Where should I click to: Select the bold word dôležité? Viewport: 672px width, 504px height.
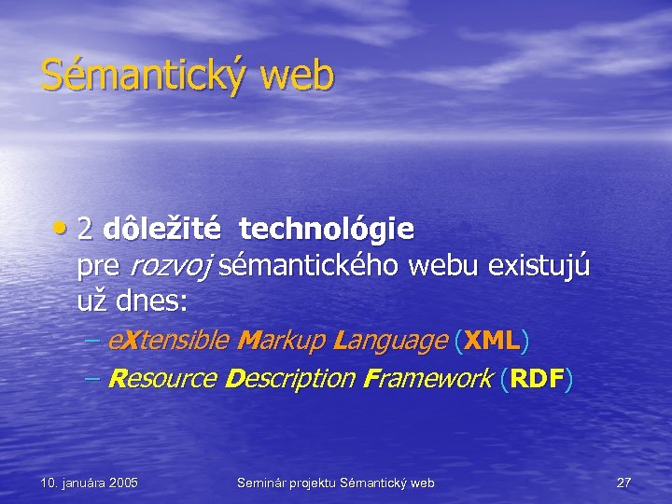tap(162, 229)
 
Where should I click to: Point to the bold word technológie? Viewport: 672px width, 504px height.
tap(327, 229)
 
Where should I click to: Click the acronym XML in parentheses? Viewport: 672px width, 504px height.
tap(492, 342)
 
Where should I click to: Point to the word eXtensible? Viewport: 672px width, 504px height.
tap(169, 342)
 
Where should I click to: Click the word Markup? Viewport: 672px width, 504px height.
tap(278, 342)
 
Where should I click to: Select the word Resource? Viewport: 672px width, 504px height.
tap(162, 379)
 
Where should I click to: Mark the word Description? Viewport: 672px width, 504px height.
tap(291, 379)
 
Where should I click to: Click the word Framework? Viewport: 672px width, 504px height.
tap(429, 379)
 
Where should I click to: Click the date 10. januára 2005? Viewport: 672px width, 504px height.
tap(90, 483)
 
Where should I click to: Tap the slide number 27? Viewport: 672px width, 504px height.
tap(623, 483)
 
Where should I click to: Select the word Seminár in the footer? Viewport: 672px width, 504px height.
tap(263, 483)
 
